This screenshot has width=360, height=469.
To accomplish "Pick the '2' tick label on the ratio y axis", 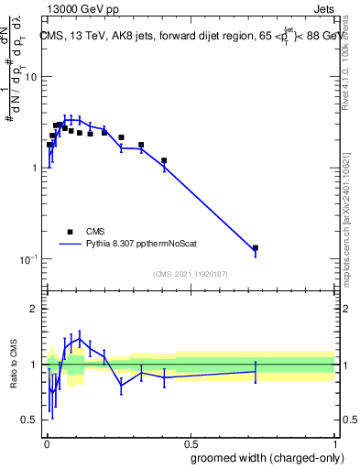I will coord(34,309).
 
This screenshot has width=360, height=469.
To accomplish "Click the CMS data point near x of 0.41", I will coord(164,160).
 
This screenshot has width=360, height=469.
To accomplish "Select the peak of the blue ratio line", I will coord(80,339).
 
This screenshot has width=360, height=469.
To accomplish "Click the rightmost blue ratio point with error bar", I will coord(256,371).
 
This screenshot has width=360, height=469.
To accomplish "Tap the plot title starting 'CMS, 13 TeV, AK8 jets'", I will coord(189,36).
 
